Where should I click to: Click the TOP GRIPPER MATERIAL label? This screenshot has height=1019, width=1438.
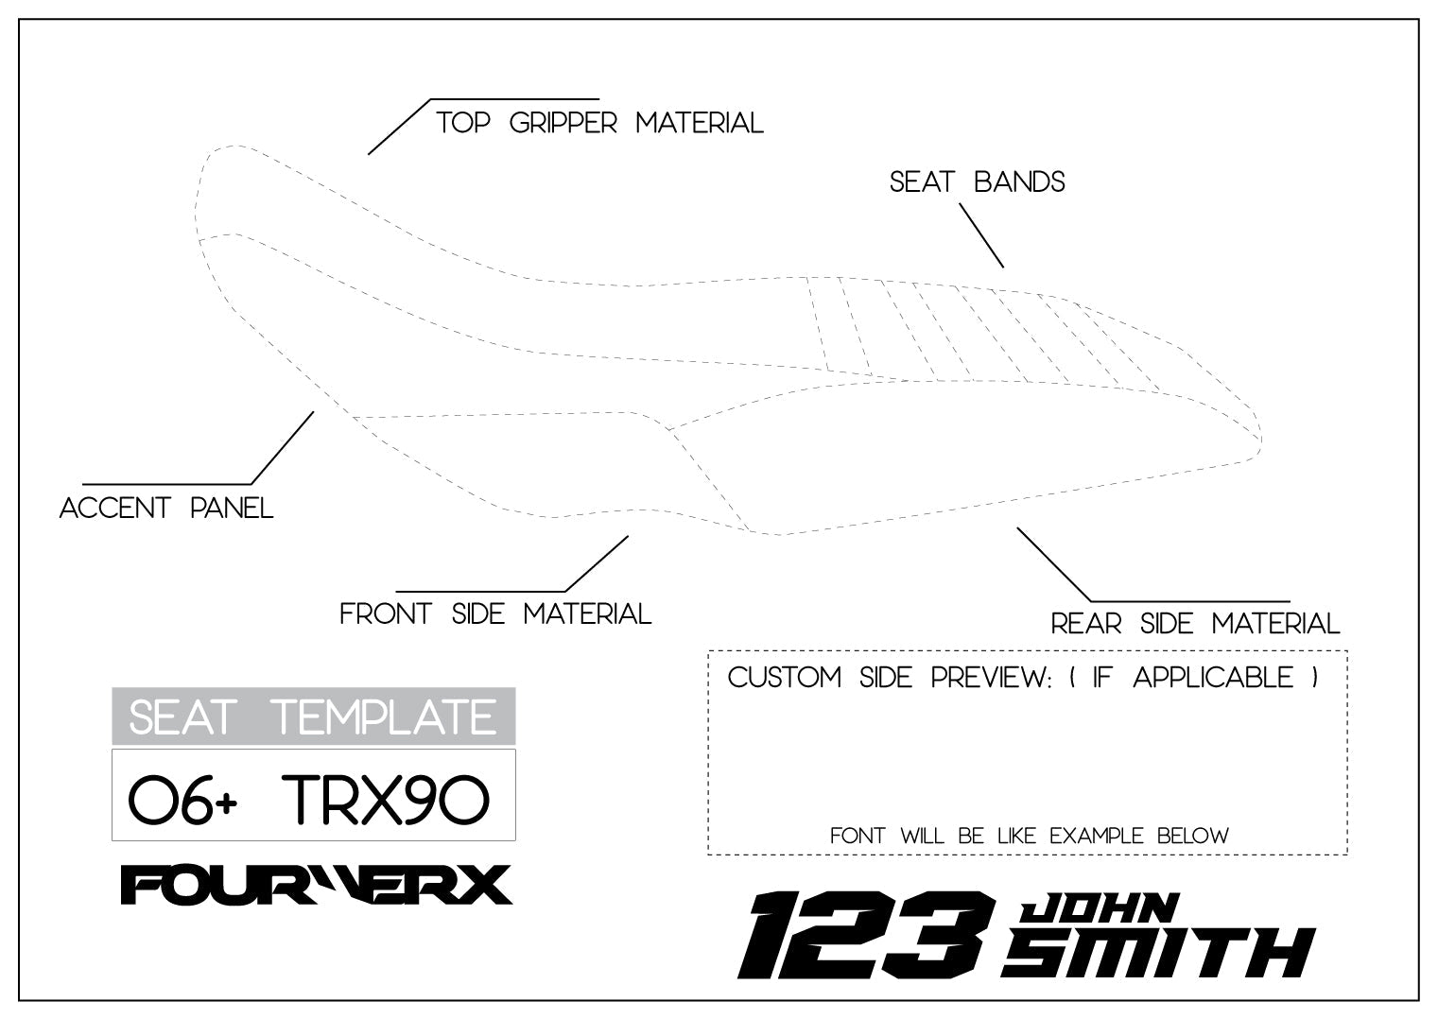click(599, 123)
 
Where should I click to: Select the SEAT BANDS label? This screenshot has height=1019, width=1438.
click(977, 181)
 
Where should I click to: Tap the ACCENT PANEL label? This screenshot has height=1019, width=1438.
click(166, 508)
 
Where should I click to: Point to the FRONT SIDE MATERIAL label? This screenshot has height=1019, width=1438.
click(495, 614)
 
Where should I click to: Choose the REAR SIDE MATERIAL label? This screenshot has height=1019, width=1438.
click(1195, 624)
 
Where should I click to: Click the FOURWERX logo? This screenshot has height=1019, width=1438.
click(316, 885)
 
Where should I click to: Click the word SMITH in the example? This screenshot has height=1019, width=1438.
click(1157, 953)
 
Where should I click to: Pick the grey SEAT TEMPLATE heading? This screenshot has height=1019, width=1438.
click(313, 717)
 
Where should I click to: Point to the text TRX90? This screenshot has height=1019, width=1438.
click(386, 800)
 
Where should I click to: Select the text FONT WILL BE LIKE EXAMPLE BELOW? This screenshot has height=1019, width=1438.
click(1029, 836)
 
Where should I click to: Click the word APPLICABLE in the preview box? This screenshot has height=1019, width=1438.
click(1213, 678)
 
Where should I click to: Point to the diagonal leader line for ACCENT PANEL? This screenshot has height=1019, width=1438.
click(282, 448)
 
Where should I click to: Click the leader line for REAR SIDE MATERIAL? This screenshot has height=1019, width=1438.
click(1054, 564)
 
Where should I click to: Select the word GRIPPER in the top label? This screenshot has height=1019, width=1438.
click(563, 123)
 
